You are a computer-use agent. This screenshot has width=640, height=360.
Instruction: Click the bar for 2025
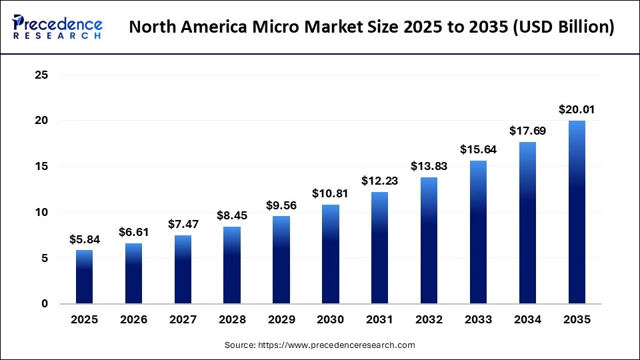(x=84, y=277)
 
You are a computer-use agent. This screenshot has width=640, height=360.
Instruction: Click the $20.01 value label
(x=577, y=109)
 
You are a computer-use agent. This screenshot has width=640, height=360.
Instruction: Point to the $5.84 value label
(x=84, y=239)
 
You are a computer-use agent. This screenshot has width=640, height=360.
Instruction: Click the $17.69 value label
(x=527, y=131)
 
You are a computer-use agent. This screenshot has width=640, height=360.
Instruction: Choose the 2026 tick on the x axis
(x=134, y=320)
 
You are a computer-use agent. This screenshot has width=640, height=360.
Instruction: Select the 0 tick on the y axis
(x=45, y=304)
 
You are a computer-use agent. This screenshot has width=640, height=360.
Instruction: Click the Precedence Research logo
(x=57, y=27)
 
